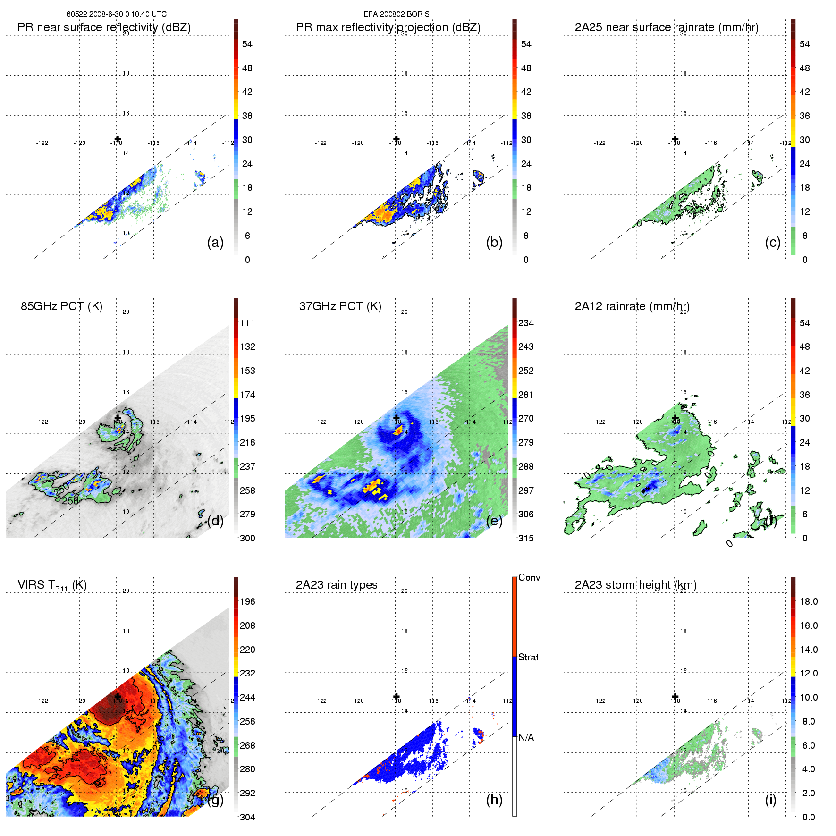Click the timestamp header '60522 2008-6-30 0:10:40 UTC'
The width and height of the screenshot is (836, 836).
click(116, 14)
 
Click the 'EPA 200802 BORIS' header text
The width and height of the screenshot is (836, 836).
click(397, 14)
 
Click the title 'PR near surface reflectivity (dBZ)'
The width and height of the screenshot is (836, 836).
click(104, 27)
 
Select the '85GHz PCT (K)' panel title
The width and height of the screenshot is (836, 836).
click(61, 306)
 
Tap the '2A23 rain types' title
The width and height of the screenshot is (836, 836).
click(337, 585)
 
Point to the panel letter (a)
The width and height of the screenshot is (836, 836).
click(215, 243)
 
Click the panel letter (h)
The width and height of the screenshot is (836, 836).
click(494, 800)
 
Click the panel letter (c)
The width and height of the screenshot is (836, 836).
click(772, 243)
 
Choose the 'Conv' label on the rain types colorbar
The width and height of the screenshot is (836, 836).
click(529, 577)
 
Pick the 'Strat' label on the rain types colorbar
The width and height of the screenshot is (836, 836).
click(528, 657)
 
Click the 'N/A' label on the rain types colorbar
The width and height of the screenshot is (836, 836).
click(526, 737)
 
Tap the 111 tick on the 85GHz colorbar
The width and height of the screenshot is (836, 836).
click(247, 323)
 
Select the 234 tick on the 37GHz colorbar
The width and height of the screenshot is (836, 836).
click(526, 323)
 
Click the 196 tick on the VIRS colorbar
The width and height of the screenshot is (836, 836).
click(247, 602)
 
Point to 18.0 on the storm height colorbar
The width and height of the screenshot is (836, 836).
click(809, 602)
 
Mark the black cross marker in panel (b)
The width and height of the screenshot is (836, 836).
click(397, 139)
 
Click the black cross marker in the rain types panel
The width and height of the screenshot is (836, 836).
click(397, 697)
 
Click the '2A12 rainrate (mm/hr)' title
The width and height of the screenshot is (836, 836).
click(632, 306)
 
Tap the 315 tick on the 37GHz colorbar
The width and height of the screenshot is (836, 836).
click(526, 539)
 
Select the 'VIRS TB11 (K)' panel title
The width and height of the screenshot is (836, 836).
click(52, 585)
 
